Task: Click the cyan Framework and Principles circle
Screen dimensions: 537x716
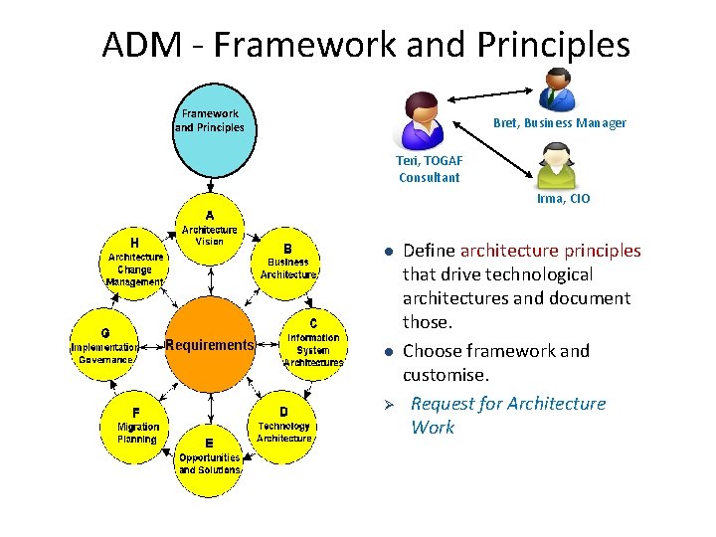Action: [x=209, y=129]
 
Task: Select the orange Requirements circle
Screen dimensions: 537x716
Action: [x=209, y=346]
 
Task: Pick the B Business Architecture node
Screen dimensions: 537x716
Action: [x=288, y=262]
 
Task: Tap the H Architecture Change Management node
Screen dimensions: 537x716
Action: [x=136, y=262]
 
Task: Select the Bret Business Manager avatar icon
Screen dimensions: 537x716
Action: [x=556, y=89]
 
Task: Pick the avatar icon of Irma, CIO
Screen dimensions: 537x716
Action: [x=555, y=165]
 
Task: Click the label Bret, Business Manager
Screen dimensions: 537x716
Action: [x=560, y=123]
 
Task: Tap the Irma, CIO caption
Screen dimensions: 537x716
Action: [x=563, y=199]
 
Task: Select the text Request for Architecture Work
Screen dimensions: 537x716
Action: [x=507, y=415]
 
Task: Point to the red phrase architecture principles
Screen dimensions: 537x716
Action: [x=550, y=251]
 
